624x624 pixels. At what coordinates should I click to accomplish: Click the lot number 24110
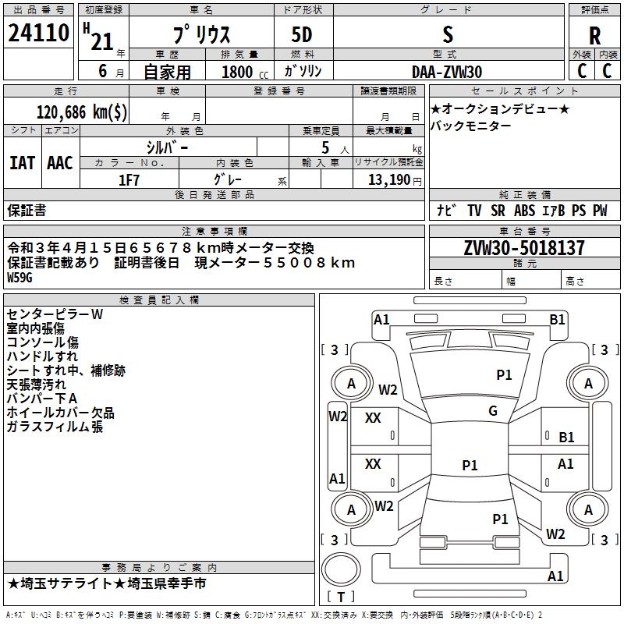point(38,34)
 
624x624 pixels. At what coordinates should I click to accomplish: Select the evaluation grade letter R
point(594,35)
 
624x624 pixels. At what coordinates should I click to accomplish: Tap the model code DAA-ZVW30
point(447,70)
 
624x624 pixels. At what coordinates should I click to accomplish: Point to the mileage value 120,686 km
point(82,112)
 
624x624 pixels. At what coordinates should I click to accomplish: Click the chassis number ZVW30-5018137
point(523,248)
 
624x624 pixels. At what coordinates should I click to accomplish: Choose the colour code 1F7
point(129,179)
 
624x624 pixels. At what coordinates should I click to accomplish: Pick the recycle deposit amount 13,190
point(388,179)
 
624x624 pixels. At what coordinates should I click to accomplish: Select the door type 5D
point(301,35)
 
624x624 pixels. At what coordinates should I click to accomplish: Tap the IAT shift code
point(22,162)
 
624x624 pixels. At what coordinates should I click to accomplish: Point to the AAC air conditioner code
point(59,162)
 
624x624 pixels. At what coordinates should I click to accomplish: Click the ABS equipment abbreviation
point(524,210)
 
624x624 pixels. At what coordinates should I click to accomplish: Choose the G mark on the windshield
point(493,411)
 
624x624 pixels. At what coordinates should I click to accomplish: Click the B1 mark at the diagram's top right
point(557,318)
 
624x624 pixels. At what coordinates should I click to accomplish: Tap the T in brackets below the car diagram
point(342,597)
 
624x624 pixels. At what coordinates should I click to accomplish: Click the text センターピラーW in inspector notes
point(55,314)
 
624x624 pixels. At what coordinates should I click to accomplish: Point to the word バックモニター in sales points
point(471,126)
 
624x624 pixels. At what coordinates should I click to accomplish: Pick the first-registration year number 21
point(101,41)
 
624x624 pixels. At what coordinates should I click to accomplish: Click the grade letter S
point(447,35)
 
